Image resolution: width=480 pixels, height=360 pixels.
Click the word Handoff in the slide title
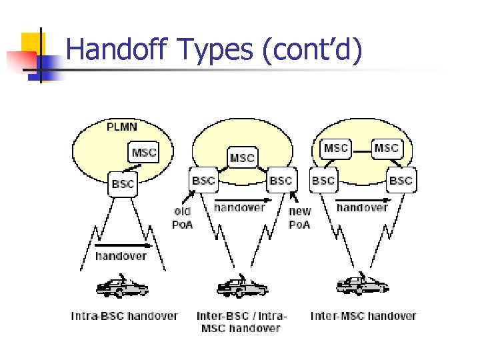(x=112, y=51)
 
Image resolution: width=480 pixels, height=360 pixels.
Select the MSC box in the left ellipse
(x=144, y=153)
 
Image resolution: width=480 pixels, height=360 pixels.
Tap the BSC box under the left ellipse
(x=123, y=184)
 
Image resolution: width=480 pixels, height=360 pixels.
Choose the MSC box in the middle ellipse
(x=242, y=158)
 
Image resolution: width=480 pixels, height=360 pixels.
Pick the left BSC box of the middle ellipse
(x=203, y=181)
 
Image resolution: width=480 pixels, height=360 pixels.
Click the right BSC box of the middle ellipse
(x=281, y=181)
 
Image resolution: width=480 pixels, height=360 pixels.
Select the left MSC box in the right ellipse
(x=335, y=148)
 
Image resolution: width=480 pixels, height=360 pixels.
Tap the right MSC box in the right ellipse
(x=386, y=148)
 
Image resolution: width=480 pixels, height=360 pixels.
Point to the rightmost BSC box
(x=401, y=181)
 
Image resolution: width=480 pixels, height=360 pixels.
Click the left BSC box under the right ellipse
(x=323, y=181)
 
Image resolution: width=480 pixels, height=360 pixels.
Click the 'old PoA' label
(x=182, y=218)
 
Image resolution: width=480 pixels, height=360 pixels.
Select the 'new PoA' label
(x=299, y=218)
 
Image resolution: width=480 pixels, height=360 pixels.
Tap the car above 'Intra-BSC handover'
(x=122, y=287)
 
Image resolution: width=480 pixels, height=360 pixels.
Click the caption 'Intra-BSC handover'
(x=125, y=316)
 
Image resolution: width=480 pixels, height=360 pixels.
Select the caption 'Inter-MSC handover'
(x=363, y=316)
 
